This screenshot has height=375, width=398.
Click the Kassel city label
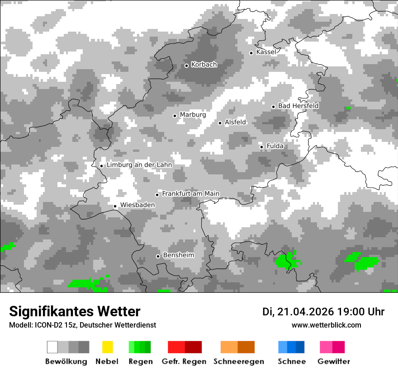pos(266,52)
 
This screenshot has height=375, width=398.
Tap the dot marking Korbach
pos(186,66)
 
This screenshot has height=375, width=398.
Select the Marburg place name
pos(193,115)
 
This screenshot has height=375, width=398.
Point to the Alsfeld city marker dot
pos(220,123)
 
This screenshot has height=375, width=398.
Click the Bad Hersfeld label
pos(298,106)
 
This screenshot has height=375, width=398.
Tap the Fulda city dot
pos(261,147)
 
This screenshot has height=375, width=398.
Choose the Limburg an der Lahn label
pos(139,165)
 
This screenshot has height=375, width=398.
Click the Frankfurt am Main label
pos(190,194)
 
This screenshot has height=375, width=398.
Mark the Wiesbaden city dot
pos(115,206)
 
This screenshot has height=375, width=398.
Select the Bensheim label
pos(178,255)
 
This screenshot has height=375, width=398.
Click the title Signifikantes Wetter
pos(75,312)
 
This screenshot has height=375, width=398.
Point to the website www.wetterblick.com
pos(327,325)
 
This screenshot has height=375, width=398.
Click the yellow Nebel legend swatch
pos(107,347)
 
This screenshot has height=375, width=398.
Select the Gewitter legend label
pos(334,361)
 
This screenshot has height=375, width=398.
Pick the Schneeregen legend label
pos(238,361)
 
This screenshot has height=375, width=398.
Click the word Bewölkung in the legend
pos(66,361)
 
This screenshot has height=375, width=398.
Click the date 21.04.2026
pos(306,312)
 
